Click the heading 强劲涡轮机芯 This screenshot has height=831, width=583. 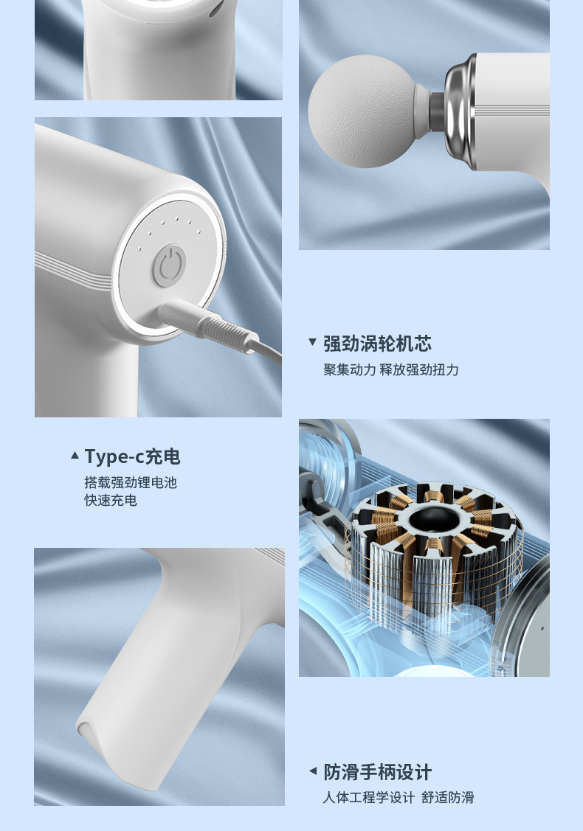coord(377,344)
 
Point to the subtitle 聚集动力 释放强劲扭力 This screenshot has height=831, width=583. coord(390,369)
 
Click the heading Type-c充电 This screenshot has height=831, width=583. coord(132,457)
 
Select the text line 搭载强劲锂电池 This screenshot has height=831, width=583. coord(131,483)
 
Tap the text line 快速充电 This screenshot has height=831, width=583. coord(111,501)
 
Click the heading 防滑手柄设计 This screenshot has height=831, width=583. coord(377,773)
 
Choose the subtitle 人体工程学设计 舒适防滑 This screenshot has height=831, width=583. coord(398,797)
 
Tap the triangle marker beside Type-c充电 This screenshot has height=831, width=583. coord(75,456)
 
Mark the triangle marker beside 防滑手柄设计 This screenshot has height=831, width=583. coord(312,772)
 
